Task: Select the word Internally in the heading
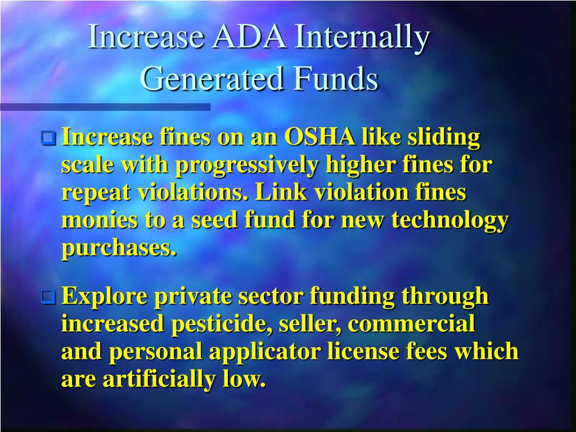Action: (x=364, y=38)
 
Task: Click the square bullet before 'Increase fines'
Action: (x=49, y=137)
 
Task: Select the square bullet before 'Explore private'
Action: (x=49, y=296)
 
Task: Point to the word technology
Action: (x=450, y=220)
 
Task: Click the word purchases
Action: (x=119, y=248)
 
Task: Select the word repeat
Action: (x=94, y=192)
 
